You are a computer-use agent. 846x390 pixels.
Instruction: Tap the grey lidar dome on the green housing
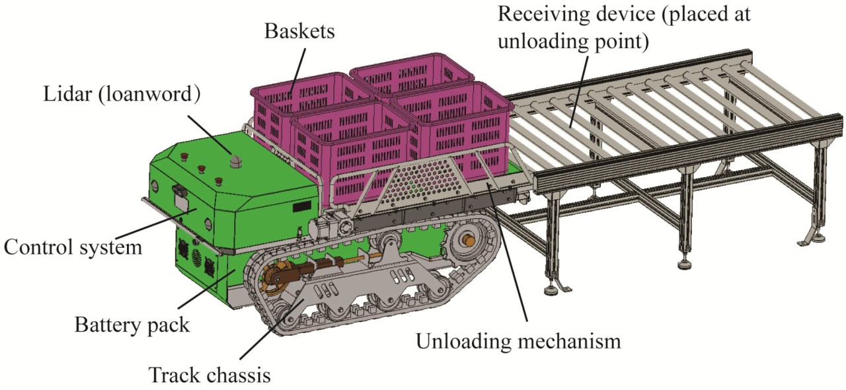pyautogui.click(x=235, y=162)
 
